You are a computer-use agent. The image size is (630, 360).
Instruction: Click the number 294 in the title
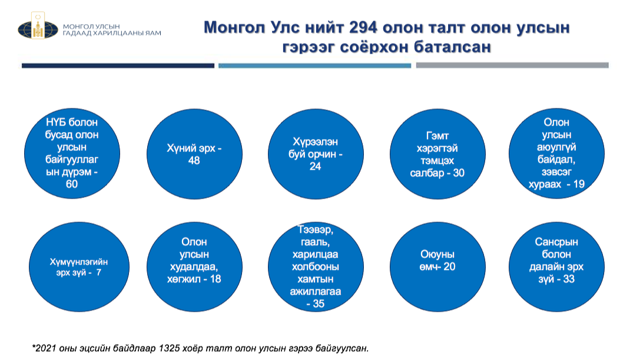coord(363,27)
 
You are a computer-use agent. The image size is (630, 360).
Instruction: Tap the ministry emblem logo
coord(38,26)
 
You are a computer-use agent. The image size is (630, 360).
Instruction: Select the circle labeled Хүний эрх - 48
coord(194,154)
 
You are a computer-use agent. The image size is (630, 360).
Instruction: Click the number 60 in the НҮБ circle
coord(71,184)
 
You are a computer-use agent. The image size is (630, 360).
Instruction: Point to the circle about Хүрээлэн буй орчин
coord(316,154)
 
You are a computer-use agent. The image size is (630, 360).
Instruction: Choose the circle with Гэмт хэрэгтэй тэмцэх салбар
coord(437,154)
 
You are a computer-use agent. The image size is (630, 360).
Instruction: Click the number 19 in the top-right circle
coord(579,184)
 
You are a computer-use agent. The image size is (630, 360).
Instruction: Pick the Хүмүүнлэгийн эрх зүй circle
coord(79,267)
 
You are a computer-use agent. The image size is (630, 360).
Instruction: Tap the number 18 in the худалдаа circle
coord(215,279)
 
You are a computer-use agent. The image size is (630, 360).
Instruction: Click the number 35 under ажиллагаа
coord(318,303)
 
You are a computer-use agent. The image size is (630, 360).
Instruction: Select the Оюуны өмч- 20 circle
coord(437,267)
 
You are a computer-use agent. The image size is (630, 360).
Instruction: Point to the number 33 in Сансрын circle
coord(569,279)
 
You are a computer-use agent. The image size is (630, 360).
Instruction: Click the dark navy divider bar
coord(118,65)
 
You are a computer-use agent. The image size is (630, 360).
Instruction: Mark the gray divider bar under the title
coord(512,65)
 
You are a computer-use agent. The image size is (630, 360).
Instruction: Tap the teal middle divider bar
coord(314,65)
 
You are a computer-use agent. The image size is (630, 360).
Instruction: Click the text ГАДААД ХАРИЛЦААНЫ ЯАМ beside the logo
coord(112,33)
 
